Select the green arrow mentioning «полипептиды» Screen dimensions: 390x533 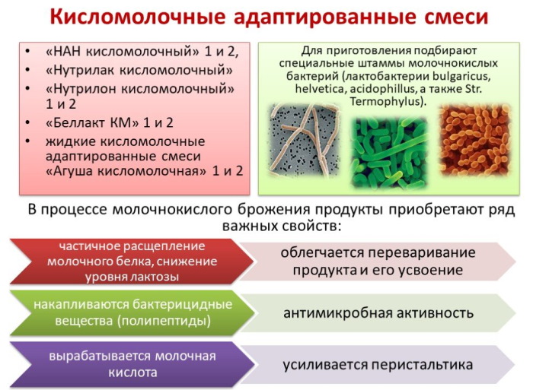coord(126,313)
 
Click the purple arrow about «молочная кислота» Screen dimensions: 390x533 coord(126,364)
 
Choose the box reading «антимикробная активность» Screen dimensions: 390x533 coord(378,313)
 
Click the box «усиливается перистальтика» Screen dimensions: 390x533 coord(378,364)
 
